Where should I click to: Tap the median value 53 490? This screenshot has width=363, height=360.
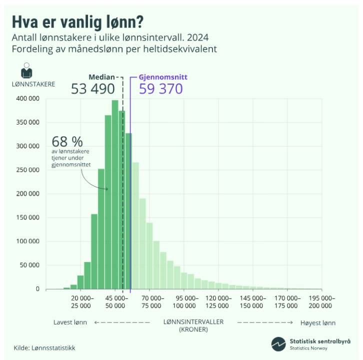[93, 89]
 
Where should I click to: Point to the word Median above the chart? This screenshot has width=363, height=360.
[101, 77]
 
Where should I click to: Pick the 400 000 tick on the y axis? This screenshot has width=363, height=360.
[29, 99]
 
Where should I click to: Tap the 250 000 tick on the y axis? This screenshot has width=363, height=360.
[29, 170]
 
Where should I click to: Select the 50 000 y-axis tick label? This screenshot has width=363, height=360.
[30, 265]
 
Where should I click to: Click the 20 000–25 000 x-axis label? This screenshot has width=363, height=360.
[80, 302]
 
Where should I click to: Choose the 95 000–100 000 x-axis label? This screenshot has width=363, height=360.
[183, 302]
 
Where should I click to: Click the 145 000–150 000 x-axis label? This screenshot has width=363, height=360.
[252, 302]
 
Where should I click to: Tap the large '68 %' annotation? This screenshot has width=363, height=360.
[66, 140]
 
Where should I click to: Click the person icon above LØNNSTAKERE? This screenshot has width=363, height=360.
[26, 70]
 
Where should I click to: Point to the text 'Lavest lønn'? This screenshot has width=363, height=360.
[70, 322]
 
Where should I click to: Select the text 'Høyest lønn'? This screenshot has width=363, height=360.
[318, 322]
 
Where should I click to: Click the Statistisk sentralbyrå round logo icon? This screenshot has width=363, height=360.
[278, 344]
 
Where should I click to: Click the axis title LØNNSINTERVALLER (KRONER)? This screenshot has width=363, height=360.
[193, 325]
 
